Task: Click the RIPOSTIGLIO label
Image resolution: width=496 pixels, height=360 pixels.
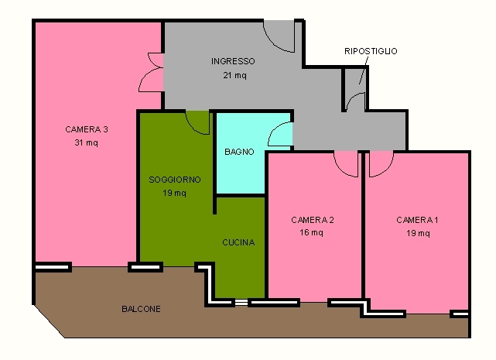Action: (371, 51)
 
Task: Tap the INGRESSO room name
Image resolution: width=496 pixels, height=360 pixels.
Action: (233, 61)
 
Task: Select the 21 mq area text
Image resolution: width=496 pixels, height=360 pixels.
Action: (234, 75)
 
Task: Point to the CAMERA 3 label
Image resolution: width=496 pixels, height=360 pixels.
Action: (87, 129)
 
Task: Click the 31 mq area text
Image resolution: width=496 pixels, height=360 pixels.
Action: (87, 142)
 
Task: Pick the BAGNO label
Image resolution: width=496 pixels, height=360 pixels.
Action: (239, 152)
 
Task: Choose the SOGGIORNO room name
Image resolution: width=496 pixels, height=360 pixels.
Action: (175, 180)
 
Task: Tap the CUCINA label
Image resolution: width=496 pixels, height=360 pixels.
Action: (238, 242)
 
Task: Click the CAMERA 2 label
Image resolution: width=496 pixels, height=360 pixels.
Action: (313, 220)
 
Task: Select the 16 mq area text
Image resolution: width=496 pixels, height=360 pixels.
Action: (312, 233)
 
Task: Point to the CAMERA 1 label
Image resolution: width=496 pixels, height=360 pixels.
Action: (417, 220)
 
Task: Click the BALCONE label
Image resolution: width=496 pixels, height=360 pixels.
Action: (141, 309)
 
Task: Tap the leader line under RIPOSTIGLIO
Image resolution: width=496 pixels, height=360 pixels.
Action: (364, 70)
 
